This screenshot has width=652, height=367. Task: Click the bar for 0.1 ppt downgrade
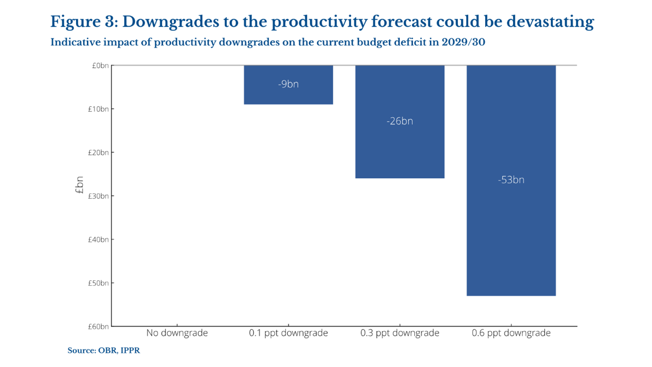click(288, 85)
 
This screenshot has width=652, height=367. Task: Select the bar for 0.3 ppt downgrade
click(400, 122)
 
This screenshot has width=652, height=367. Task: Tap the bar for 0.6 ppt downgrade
click(511, 180)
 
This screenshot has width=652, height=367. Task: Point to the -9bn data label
click(288, 84)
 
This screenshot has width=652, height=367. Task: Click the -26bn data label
click(400, 121)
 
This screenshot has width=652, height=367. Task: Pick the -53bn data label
click(511, 180)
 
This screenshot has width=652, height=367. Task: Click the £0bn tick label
click(100, 66)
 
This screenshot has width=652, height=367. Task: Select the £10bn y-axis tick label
click(98, 109)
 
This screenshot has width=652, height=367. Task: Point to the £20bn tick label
click(98, 152)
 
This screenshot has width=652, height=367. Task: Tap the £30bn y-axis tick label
click(98, 196)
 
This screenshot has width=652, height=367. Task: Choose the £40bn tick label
click(98, 239)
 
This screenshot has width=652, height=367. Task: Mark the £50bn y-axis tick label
click(98, 283)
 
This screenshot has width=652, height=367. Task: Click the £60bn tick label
click(98, 326)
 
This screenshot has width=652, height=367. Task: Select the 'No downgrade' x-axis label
click(177, 333)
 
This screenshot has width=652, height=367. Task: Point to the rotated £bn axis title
click(79, 185)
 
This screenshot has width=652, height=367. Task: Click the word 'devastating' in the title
click(550, 22)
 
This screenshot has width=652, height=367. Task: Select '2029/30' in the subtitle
click(463, 42)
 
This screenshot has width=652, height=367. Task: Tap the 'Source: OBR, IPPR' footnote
click(104, 350)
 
